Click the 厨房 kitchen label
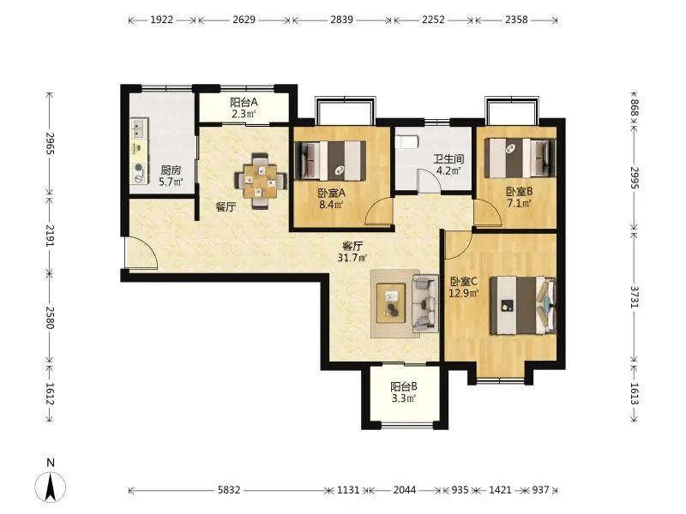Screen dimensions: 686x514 point(171,170)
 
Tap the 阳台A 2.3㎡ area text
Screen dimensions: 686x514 point(243,114)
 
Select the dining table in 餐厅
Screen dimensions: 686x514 point(261,181)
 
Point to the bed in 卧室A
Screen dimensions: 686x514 point(330,160)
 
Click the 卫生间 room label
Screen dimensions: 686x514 point(448,158)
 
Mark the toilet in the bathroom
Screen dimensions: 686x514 point(406,142)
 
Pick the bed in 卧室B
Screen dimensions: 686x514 point(521,158)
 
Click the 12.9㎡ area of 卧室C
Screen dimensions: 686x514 point(464,293)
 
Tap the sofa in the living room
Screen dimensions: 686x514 point(424,303)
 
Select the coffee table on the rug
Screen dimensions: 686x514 point(391,303)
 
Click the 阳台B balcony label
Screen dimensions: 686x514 point(403,386)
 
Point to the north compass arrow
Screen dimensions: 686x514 point(51,487)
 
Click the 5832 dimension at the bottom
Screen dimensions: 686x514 point(229,490)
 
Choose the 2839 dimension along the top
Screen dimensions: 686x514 point(341,20)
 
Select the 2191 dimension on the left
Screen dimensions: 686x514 point(50,236)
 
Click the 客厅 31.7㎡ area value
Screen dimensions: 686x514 point(352,258)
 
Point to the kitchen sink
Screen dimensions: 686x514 point(139,127)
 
